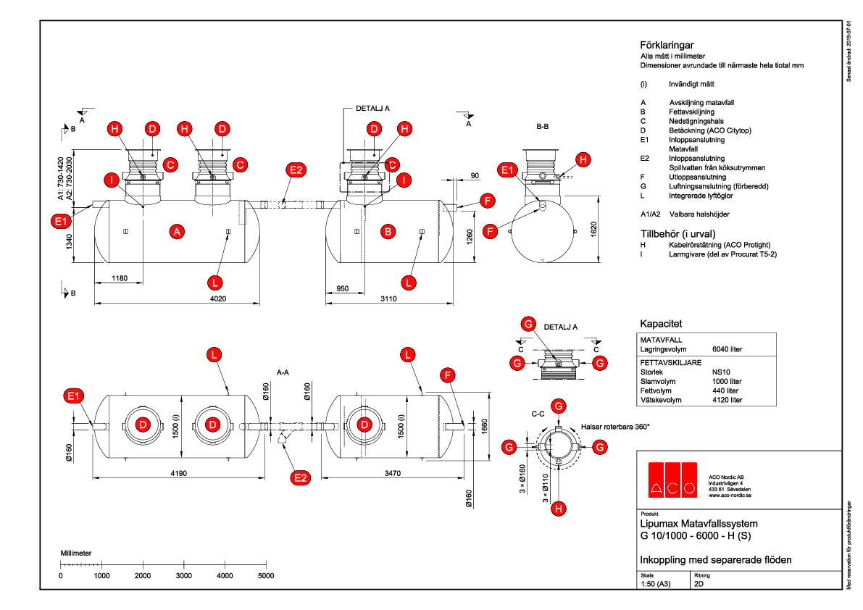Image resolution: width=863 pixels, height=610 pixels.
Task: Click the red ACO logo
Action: click(672, 480)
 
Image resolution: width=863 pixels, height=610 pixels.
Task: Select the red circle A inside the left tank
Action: click(175, 232)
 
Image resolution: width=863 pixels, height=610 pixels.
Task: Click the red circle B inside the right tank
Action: click(388, 232)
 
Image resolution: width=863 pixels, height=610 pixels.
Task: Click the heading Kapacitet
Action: click(661, 323)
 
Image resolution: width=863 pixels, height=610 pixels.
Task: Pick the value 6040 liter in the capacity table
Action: click(727, 349)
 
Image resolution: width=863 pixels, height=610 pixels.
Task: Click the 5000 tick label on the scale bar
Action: click(266, 575)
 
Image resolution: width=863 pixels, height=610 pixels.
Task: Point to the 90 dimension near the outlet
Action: click(475, 175)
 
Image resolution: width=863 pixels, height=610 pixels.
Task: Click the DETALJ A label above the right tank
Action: click(373, 107)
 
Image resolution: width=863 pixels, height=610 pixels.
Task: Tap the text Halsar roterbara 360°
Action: click(614, 427)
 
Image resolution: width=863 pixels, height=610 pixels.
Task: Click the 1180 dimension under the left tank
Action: click(119, 278)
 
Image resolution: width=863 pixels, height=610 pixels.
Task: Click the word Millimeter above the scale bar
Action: click(75, 553)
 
